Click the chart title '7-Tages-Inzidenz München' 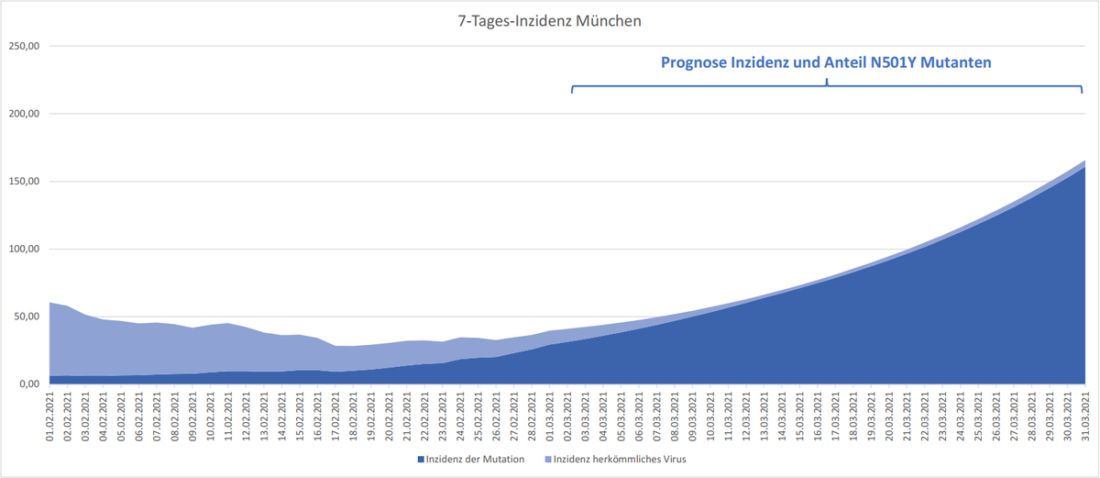[x=549, y=19]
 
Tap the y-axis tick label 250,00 [x=25, y=46]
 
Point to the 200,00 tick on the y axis [x=25, y=114]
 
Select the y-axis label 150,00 [x=25, y=182]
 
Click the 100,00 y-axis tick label [x=25, y=249]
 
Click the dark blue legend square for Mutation [x=421, y=459]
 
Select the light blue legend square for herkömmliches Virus [x=548, y=459]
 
